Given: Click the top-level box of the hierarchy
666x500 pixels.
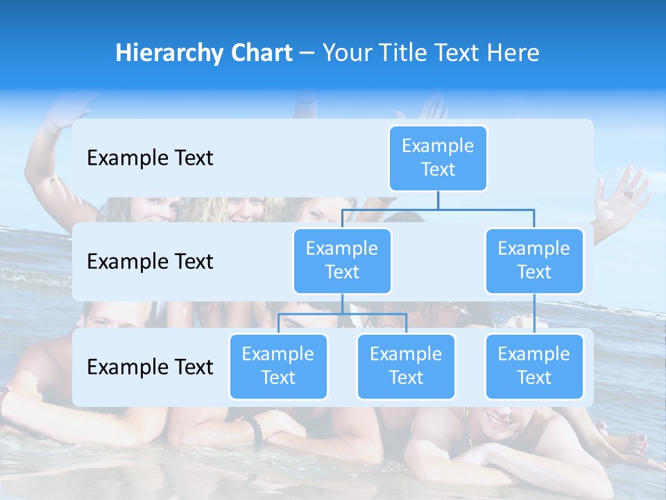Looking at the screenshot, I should (x=438, y=158).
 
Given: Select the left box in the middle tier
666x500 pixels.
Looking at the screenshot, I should (x=342, y=260).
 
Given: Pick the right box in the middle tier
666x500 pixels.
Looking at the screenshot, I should (x=534, y=260).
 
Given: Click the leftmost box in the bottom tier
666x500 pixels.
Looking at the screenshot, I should (x=278, y=366).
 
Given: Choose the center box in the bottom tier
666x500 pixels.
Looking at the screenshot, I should (x=406, y=366).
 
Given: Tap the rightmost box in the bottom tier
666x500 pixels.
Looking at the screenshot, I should (x=534, y=366).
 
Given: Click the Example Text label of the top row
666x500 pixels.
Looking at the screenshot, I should (x=150, y=158).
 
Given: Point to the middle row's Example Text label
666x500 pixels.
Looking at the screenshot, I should (x=150, y=262).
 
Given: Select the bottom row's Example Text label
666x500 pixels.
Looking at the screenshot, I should (x=150, y=367).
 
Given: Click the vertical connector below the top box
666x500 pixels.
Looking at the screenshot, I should (x=438, y=200).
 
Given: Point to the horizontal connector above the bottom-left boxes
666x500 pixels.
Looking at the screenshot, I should (x=342, y=314).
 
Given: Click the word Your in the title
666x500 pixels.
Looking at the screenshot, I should (x=345, y=53).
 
